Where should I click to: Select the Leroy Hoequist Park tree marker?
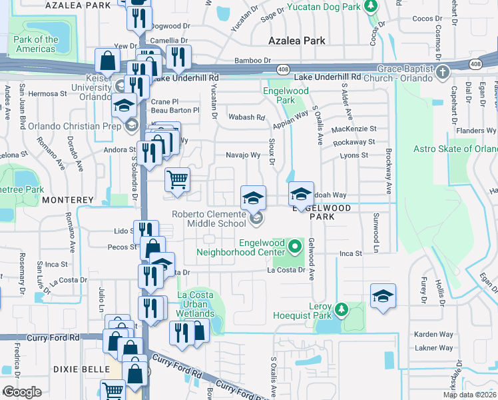[342, 309]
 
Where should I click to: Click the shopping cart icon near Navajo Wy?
[178, 179]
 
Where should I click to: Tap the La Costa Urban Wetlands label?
[195, 304]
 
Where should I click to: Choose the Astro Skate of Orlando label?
[455, 149]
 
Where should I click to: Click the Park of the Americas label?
[35, 44]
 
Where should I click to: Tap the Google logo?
[22, 392]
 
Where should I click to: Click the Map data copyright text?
[470, 395]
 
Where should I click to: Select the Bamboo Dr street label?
[252, 60]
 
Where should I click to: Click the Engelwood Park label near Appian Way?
[284, 95]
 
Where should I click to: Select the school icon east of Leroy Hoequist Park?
[383, 297]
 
